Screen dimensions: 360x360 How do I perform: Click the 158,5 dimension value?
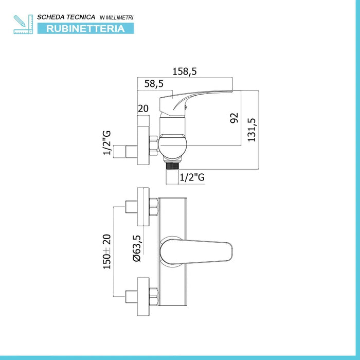pos(185,71)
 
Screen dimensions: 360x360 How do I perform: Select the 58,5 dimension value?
pos(154,83)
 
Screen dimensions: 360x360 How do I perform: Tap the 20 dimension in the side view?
pos(143,109)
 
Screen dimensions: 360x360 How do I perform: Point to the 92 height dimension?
pos(234,118)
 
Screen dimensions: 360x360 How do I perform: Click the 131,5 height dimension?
pos(251,130)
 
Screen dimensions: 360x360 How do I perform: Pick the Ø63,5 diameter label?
pos(137,248)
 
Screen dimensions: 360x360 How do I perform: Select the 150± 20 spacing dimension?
pos(107,251)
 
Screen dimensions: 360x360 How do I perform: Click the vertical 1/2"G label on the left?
pos(107,143)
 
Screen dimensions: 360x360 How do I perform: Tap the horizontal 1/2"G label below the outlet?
pos(192,177)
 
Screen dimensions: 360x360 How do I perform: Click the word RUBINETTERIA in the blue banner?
pos(85,29)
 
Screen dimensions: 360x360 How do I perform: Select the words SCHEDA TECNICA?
pos(66,17)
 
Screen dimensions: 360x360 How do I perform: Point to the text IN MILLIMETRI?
pos(116,17)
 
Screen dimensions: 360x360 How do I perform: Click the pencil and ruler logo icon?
pos(23,24)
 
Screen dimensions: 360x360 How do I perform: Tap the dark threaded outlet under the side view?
pos(172,166)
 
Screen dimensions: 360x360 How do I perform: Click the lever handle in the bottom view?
pos(196,252)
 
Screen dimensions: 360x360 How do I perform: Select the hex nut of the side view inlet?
pos(153,146)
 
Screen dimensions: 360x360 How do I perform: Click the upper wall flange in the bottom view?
pos(143,207)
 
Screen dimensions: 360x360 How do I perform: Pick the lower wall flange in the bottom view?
pos(143,297)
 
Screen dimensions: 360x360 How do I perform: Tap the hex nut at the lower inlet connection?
pos(154,297)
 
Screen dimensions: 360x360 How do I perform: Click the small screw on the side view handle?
pos(185,106)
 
